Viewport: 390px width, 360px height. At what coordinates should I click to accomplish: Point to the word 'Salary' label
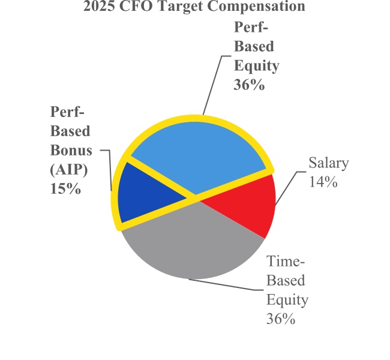click(x=328, y=163)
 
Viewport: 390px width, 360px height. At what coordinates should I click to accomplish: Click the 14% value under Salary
click(x=323, y=181)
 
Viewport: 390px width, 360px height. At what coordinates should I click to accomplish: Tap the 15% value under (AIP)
click(x=65, y=188)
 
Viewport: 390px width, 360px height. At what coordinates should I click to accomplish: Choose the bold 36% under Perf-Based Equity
click(x=249, y=85)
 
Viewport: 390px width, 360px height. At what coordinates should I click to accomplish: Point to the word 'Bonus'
click(x=71, y=150)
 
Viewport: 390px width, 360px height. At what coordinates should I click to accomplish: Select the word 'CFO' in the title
click(x=137, y=7)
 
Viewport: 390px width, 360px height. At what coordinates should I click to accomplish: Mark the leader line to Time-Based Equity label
click(x=228, y=283)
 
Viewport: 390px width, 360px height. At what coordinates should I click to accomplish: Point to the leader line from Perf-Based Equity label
click(x=213, y=84)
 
